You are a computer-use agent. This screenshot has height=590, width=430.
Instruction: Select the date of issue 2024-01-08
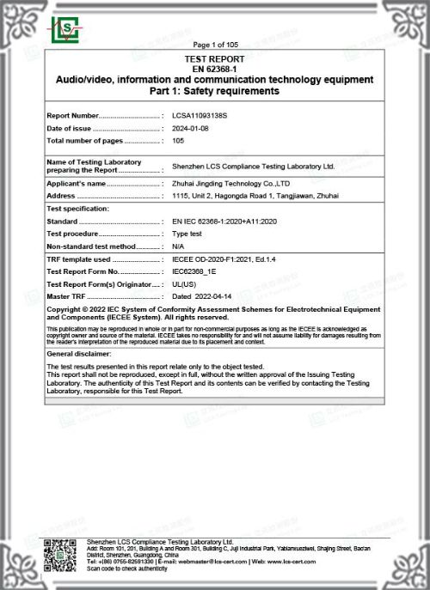coord(190,127)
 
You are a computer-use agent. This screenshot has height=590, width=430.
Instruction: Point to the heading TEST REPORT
coord(215,58)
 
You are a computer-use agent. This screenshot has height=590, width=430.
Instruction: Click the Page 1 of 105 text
coord(215,45)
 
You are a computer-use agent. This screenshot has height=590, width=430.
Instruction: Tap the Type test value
coord(187,234)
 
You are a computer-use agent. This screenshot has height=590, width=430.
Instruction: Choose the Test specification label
coord(77,209)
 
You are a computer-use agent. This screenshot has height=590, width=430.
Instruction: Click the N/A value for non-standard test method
coord(178,246)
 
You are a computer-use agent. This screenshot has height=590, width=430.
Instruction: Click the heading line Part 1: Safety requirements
coord(215,91)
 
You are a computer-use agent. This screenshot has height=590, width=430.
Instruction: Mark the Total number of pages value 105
coord(179,140)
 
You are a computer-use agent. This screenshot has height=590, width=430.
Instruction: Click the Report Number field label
coord(73,114)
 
